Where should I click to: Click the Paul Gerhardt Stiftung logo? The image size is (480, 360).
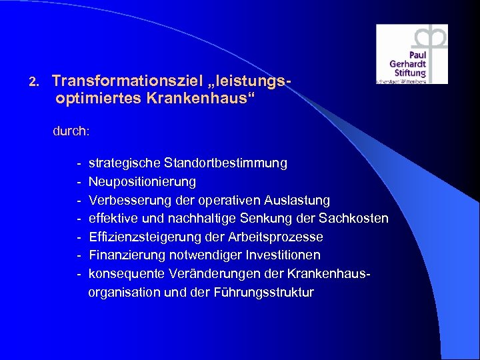tap(411, 54)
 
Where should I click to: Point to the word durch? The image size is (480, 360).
tap(71, 131)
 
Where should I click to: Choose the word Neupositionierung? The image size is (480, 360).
tap(142, 182)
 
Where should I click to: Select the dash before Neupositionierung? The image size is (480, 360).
tap(79, 182)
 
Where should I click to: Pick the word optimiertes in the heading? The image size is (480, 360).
tap(89, 99)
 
